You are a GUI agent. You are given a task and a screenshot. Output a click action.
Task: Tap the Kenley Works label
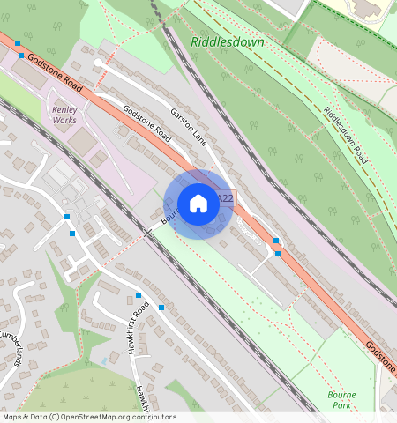pos(65,115)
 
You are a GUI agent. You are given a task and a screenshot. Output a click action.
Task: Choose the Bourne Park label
pos(341,401)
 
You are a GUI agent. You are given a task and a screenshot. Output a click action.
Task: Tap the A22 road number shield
pos(224,199)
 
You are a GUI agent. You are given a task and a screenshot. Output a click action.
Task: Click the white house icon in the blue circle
pos(198,204)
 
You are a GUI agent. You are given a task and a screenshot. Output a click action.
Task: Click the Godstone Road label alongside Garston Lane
pos(146,125)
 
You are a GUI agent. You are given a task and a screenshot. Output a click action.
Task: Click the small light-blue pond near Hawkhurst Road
pos(106,360)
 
